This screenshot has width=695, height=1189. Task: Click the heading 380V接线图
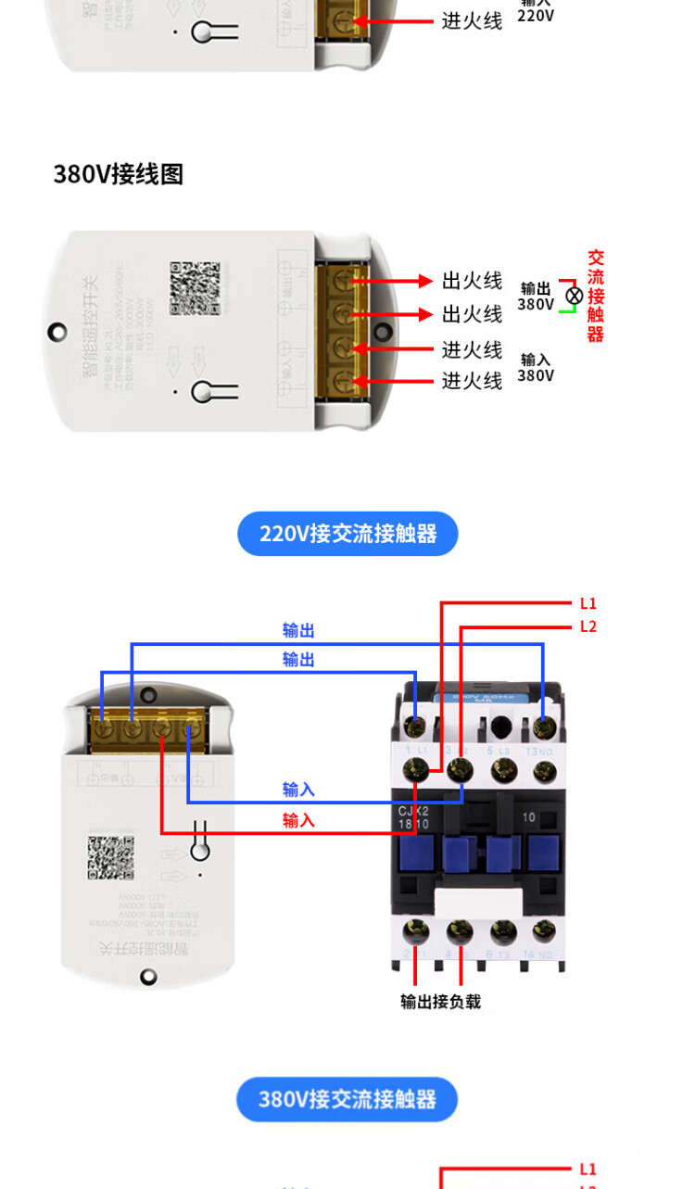pos(118,174)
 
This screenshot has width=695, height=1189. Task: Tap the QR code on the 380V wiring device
pos(195,288)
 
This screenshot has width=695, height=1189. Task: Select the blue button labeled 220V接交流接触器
pos(347,534)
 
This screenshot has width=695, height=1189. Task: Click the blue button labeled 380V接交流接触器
pos(347,1099)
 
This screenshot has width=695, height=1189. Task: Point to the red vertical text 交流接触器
pos(595,296)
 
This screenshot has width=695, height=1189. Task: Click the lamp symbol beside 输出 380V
pos(575,296)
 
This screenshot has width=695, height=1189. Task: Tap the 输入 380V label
pos(536,367)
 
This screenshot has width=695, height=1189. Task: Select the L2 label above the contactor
pos(588,626)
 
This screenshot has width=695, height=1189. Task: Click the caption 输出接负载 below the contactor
pos(440,1002)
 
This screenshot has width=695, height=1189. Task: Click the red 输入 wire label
pos(298,820)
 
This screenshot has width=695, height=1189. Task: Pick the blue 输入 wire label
pos(298,790)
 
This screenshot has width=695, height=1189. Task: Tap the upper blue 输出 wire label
pos(298,631)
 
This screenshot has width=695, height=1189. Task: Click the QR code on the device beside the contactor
pos(111,857)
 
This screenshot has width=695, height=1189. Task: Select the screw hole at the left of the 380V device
pos(57,331)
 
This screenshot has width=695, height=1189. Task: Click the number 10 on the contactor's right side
pos(528,818)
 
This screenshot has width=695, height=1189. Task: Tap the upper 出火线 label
pos(472,281)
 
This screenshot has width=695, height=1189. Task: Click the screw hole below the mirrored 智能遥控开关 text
pos(148,976)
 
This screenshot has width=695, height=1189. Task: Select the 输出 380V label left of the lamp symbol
pos(536,297)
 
